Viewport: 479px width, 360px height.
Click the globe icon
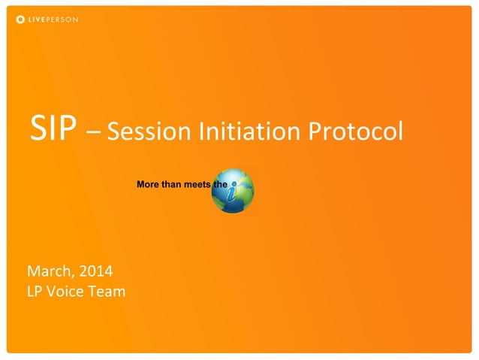[233, 190]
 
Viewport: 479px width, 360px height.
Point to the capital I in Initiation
[202, 132]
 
